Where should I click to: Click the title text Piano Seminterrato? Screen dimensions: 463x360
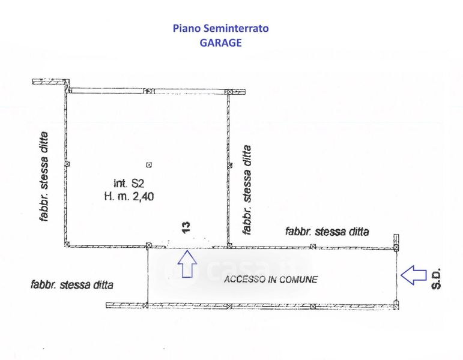coord(220,28)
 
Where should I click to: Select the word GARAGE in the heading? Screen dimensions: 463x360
coord(220,43)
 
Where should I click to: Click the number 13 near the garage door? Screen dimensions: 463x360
coord(186,226)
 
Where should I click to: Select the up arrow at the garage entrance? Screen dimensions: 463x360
coord(188,264)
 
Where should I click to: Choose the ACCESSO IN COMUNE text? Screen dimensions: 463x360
coord(270,279)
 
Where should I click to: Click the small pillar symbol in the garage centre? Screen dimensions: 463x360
coord(150,164)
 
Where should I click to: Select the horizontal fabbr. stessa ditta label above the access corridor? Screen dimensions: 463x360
coord(327,231)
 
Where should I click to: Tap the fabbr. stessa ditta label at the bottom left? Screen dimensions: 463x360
coord(71,284)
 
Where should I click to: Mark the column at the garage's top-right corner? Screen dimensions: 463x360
coord(228,91)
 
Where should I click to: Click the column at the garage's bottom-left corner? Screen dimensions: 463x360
coord(68,245)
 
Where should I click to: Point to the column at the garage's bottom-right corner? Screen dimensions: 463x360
coord(228,245)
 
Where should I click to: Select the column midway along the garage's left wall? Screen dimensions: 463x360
coord(67,164)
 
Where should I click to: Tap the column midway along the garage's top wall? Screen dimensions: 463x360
coord(153,91)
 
